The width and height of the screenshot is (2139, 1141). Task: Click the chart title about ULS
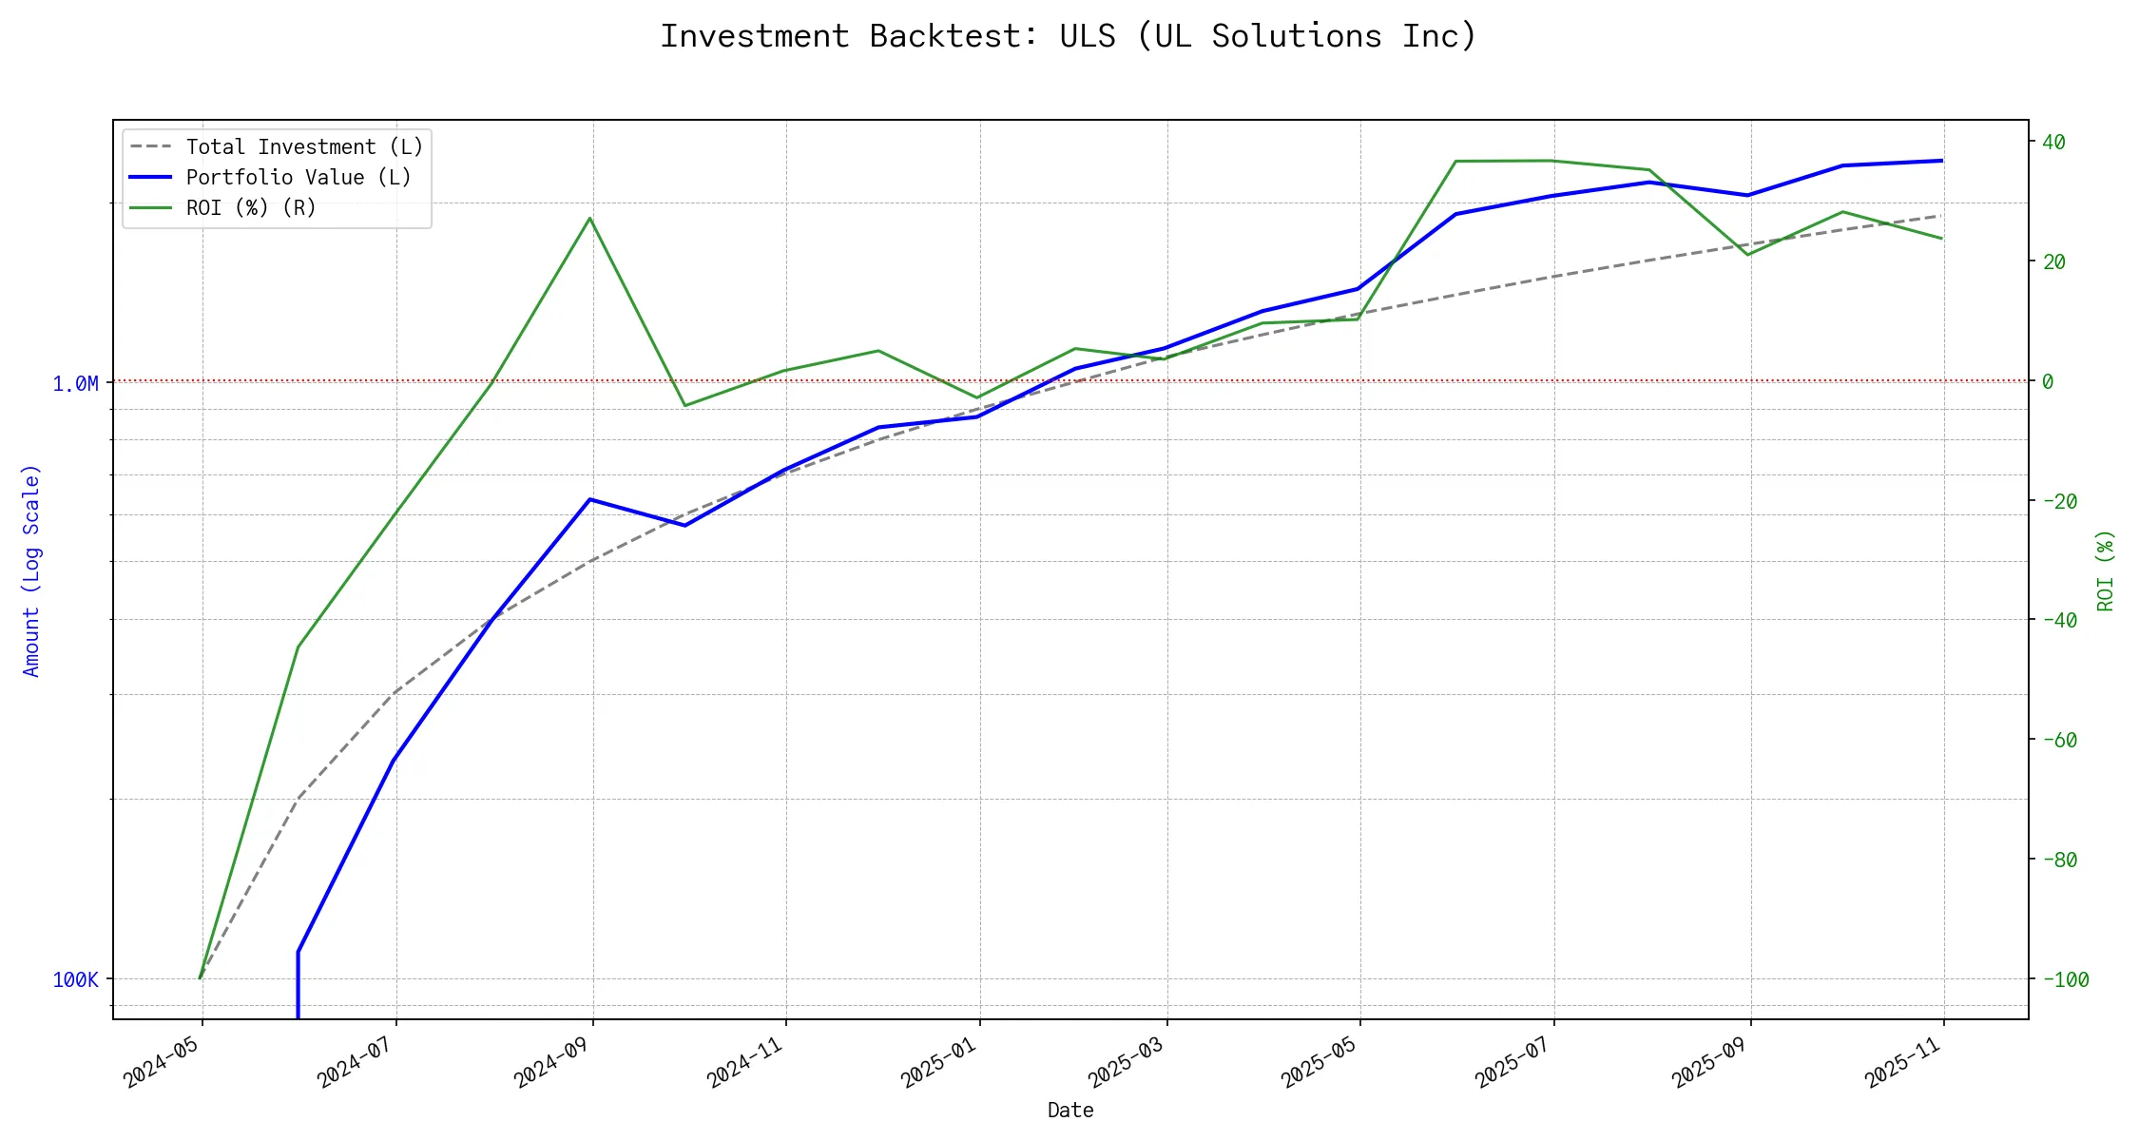(1069, 36)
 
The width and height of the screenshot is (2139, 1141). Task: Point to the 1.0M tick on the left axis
(75, 384)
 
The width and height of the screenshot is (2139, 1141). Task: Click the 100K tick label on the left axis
(75, 980)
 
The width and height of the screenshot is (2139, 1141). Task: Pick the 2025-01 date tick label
(940, 1061)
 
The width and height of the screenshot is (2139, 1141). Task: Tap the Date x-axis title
(1070, 1111)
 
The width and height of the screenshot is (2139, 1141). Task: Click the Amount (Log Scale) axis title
(31, 570)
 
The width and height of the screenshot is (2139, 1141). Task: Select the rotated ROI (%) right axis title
(2106, 570)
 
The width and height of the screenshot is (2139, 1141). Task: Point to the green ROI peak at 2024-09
(590, 219)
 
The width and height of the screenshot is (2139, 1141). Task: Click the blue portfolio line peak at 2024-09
(590, 499)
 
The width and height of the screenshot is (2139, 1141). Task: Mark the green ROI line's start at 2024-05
(200, 977)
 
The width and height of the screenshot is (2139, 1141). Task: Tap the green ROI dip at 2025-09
(1748, 255)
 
